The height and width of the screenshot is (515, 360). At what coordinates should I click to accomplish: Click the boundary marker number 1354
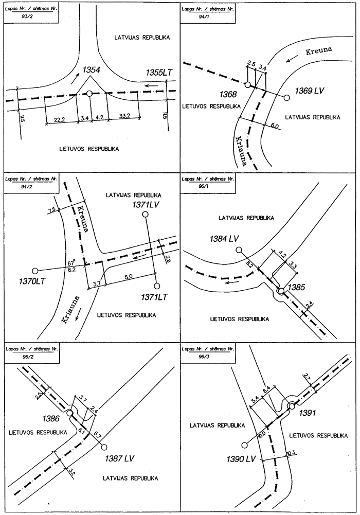coord(91,70)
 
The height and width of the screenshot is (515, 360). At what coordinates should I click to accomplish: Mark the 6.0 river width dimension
coord(275,126)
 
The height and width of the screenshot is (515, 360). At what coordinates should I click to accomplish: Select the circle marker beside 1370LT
coord(35,271)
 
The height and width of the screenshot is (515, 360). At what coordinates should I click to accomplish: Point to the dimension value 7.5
coord(51,210)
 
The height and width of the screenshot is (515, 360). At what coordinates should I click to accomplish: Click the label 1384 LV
coord(225,238)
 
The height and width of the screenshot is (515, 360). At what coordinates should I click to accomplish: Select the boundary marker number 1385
coord(297,286)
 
